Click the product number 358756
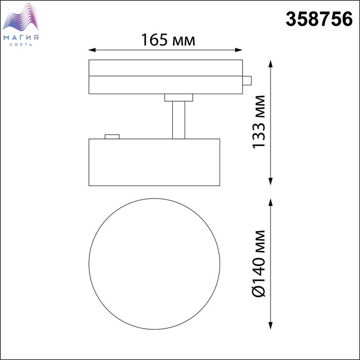point(319,19)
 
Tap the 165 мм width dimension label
point(168,40)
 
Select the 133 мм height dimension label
point(259,122)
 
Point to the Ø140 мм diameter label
point(259,263)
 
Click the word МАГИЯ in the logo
point(21,38)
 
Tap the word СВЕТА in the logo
point(21,45)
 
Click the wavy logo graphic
point(21,17)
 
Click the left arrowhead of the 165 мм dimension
point(92,50)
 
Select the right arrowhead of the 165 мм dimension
point(239,50)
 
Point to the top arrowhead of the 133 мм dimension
point(271,64)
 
